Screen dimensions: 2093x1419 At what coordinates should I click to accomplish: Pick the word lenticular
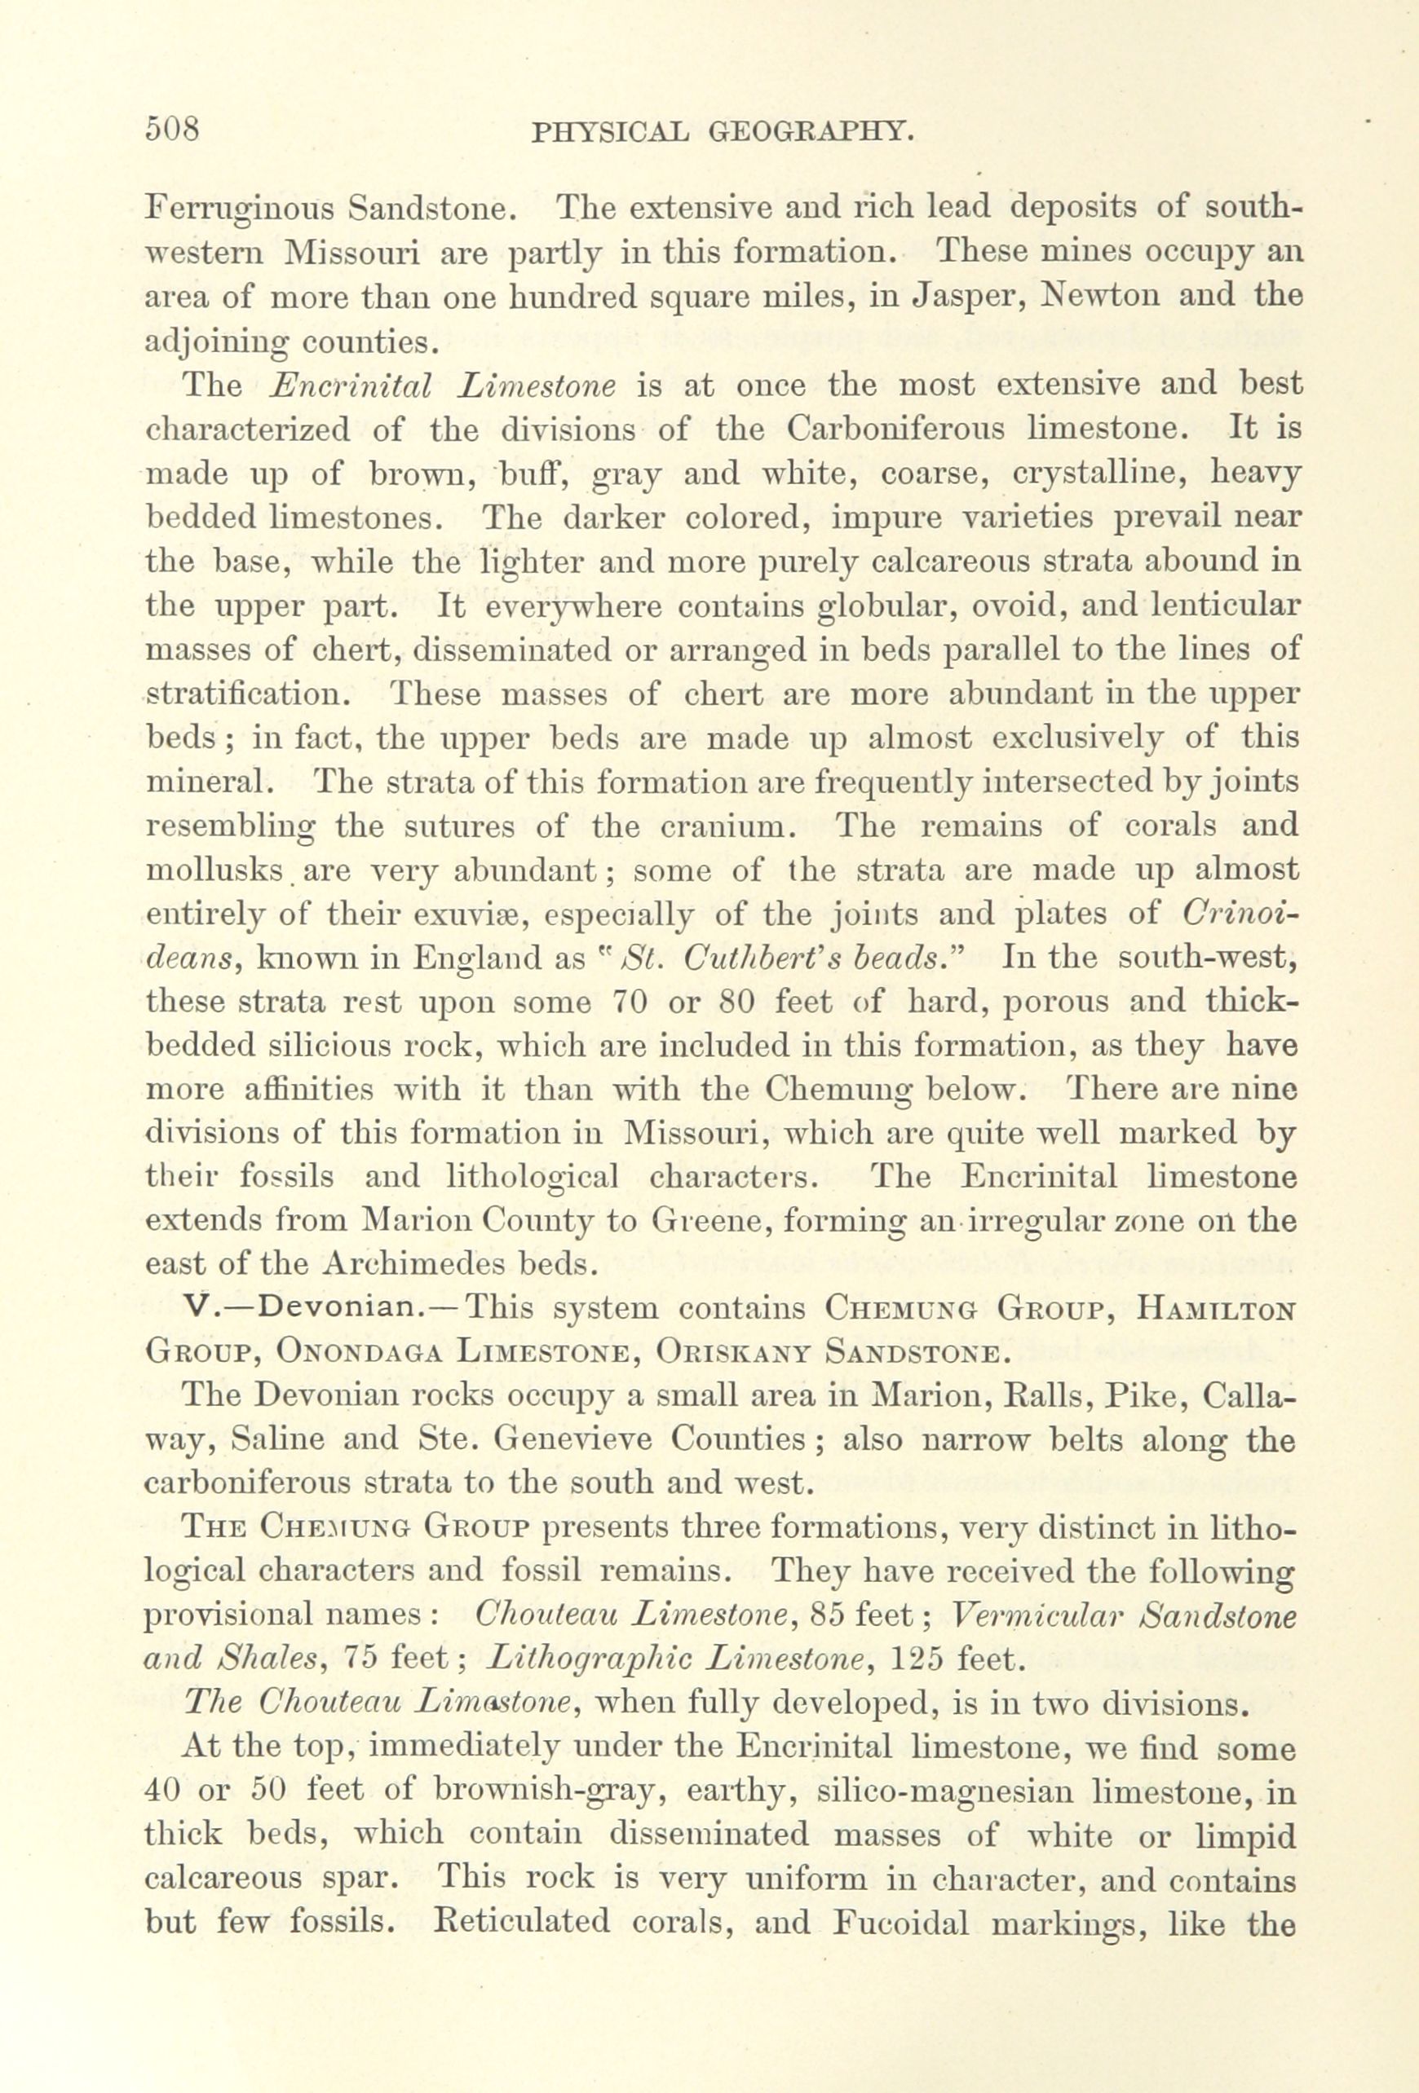click(1224, 607)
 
